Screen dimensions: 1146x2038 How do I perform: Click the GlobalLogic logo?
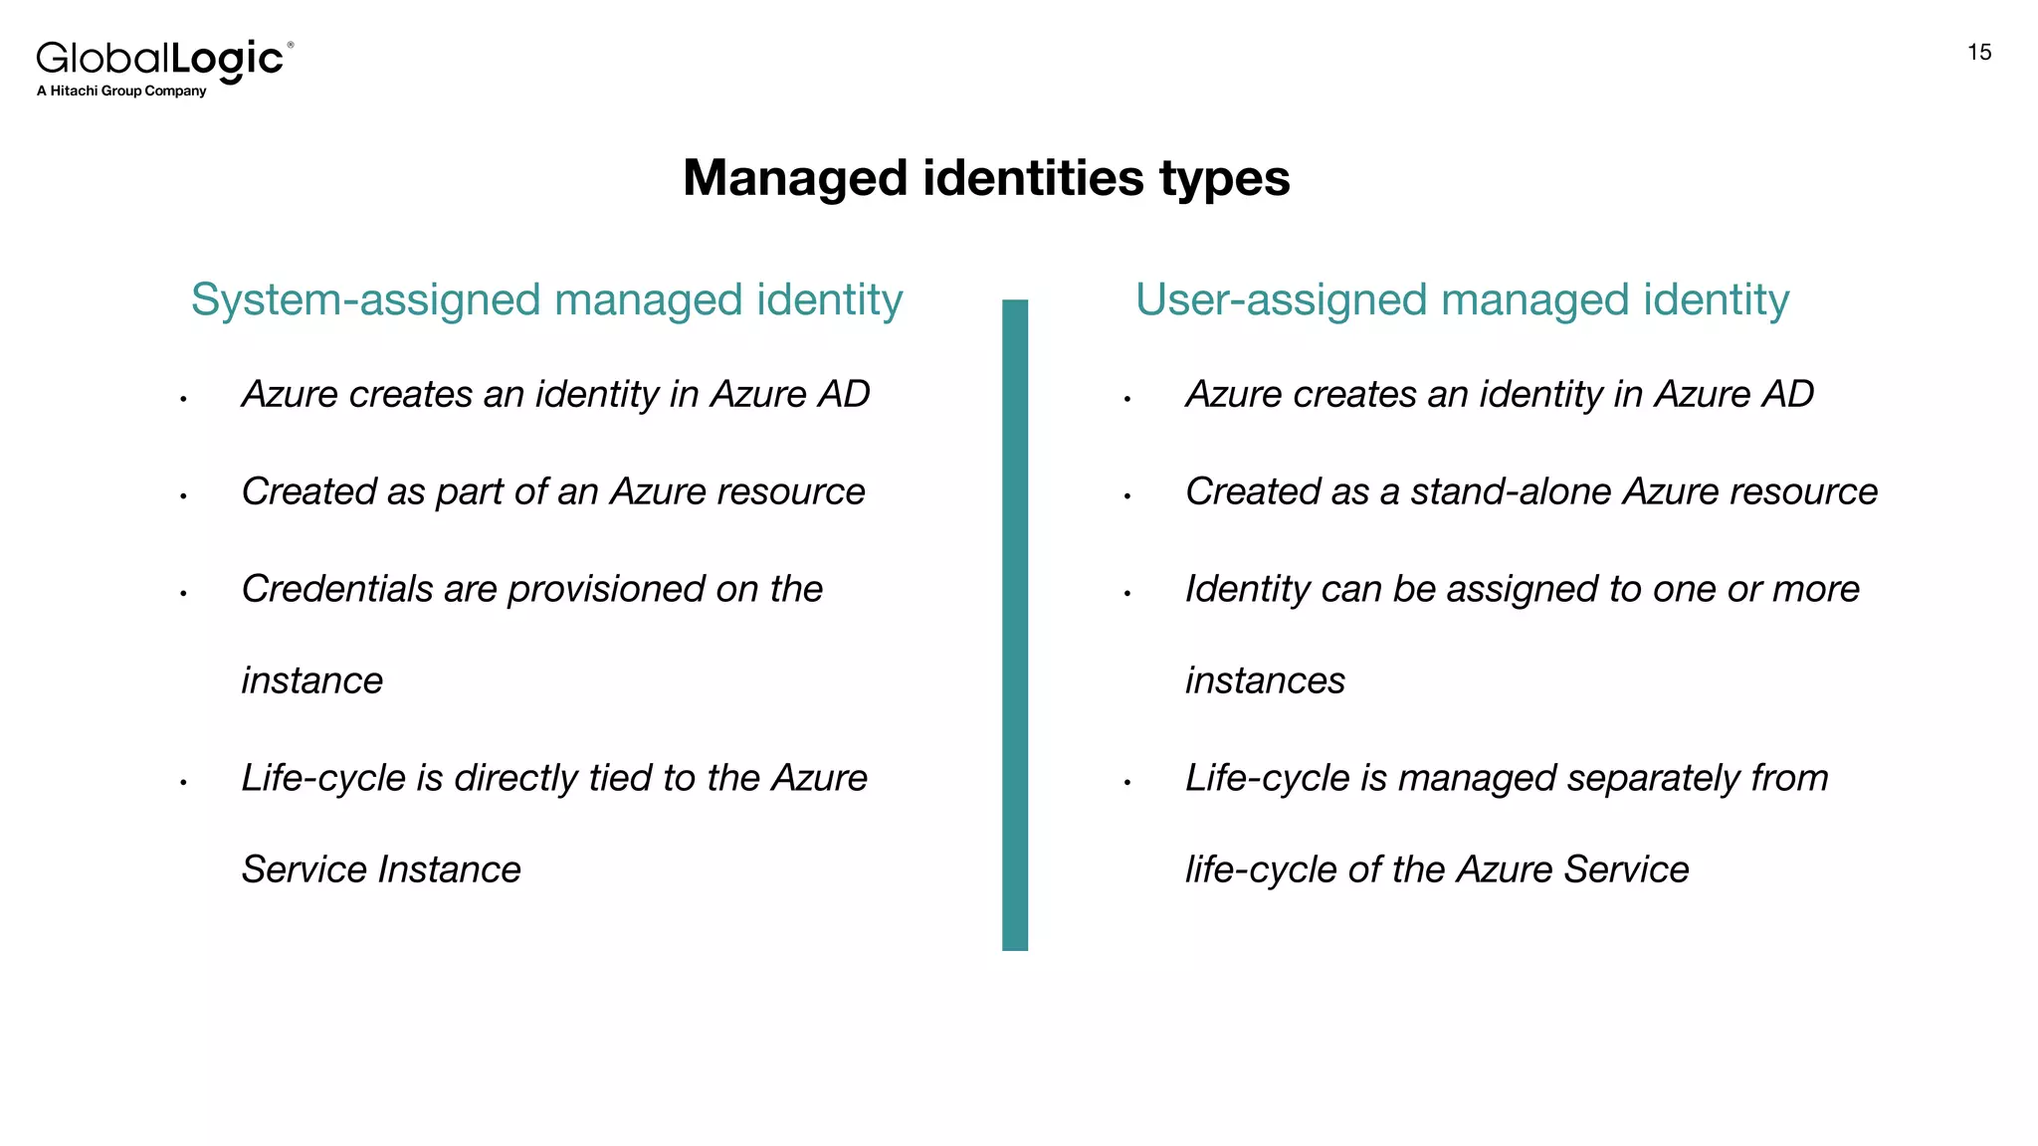pyautogui.click(x=162, y=60)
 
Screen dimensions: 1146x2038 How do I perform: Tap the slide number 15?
pyautogui.click(x=1978, y=53)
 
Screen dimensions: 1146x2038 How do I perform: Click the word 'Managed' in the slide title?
pyautogui.click(x=795, y=179)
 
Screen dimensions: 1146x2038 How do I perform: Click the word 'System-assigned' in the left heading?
pyautogui.click(x=366, y=300)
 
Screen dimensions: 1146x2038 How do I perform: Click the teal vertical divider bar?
pyautogui.click(x=1014, y=625)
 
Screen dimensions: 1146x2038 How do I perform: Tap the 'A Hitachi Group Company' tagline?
pyautogui.click(x=121, y=92)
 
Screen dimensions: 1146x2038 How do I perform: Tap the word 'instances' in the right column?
pyautogui.click(x=1265, y=681)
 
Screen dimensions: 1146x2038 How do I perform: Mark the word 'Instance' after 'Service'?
pyautogui.click(x=450, y=870)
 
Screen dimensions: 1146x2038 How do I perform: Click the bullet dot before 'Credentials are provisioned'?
pyautogui.click(x=184, y=594)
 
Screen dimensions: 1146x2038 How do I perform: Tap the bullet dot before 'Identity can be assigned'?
pyautogui.click(x=1127, y=594)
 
